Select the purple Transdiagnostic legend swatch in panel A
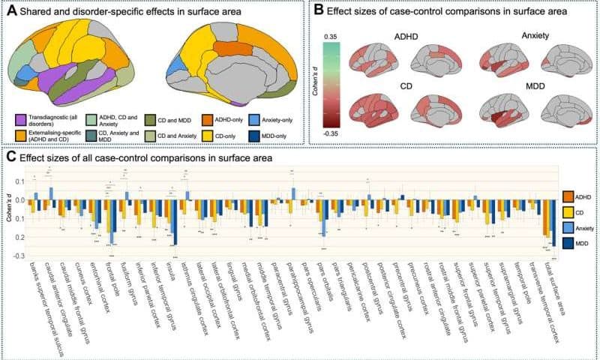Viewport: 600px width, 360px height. (x=20, y=118)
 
